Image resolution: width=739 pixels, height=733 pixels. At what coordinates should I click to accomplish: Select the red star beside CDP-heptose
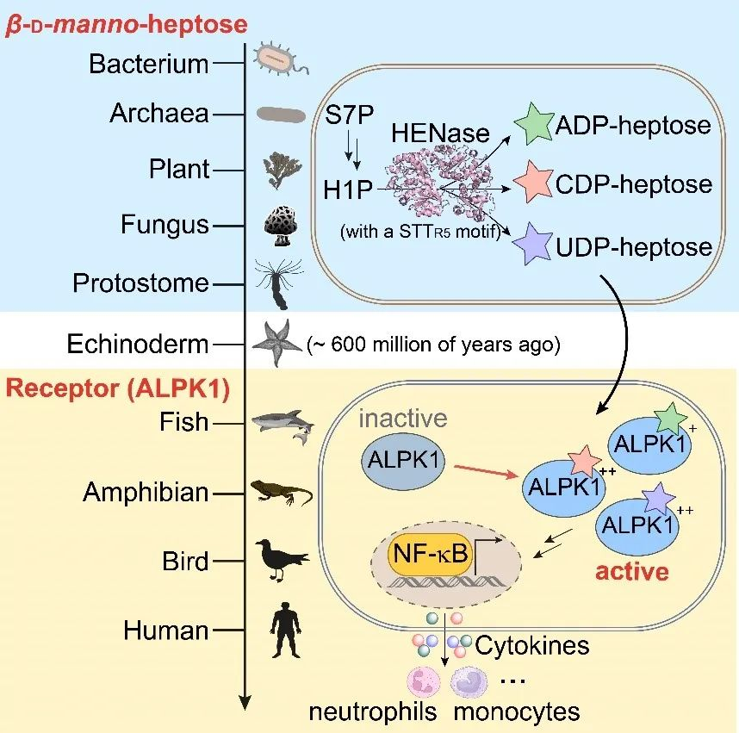tap(534, 183)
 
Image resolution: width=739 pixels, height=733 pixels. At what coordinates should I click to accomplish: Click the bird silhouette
tap(280, 561)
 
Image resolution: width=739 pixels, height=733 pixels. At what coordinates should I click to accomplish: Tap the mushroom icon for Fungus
tap(279, 225)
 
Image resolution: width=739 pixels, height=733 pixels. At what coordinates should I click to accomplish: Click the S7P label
tap(348, 115)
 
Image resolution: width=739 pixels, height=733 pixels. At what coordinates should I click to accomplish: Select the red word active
tap(632, 570)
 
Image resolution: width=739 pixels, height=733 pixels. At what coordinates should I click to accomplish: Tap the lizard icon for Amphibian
tap(281, 493)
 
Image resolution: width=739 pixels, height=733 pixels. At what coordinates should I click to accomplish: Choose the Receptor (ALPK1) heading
tap(118, 388)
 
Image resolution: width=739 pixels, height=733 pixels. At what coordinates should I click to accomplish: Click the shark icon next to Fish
tap(281, 423)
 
